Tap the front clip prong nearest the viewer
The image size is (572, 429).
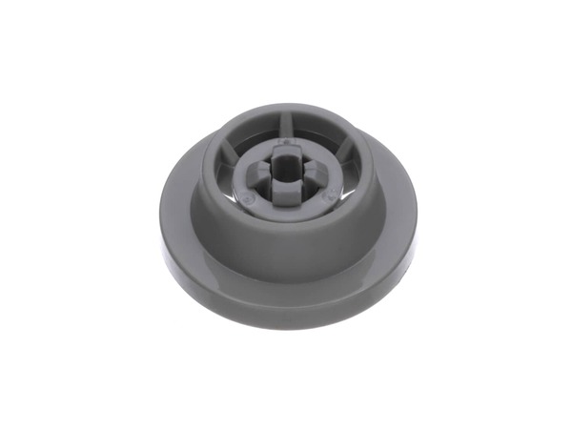287,190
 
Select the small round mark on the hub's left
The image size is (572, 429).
248,198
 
